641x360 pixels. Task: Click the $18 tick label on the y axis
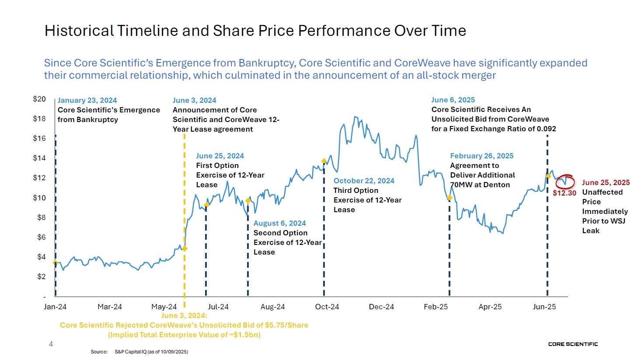39,119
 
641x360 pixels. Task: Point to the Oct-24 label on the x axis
327,307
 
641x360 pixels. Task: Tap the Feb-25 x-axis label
435,307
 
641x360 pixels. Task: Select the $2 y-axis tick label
41,276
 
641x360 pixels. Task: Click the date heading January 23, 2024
87,100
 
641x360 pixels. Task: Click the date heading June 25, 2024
220,156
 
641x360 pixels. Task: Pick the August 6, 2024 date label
280,223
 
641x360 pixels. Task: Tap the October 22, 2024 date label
364,181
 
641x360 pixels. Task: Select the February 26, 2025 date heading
482,156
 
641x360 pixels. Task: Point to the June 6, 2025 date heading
453,100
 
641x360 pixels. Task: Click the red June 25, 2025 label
606,182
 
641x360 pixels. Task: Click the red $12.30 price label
564,193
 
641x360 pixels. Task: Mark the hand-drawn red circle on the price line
565,181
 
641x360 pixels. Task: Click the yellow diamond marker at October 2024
324,161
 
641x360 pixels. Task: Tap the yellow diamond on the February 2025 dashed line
449,198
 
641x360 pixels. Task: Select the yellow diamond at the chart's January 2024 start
55,262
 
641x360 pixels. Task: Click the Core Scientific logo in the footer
573,344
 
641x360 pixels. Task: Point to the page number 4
51,344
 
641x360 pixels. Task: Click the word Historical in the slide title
79,31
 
